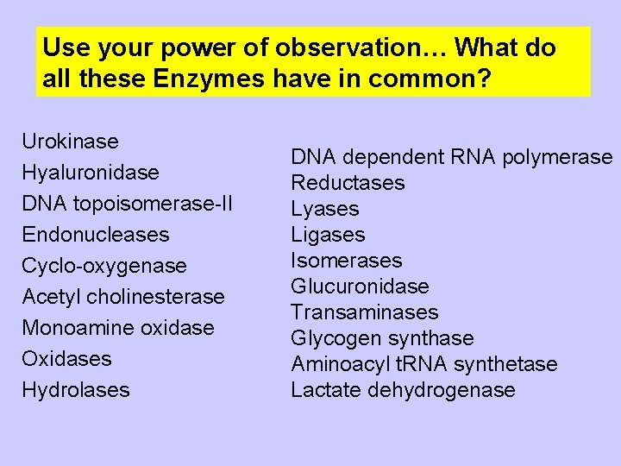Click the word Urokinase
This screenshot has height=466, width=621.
pos(71,141)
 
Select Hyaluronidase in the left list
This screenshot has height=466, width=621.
pos(91,173)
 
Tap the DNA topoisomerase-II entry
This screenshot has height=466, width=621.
pos(127,204)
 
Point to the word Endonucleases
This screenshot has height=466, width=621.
pos(96,234)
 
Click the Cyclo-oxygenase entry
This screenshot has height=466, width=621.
pos(104,266)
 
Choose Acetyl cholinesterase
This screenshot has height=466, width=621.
pos(123,297)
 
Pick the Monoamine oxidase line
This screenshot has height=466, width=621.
pos(118,328)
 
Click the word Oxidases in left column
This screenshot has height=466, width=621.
pos(67,358)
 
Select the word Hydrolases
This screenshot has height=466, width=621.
pos(76,390)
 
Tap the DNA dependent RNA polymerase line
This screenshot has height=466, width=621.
pos(451,157)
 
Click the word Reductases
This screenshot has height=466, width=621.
pos(348,183)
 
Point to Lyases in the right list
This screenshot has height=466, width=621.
pos(325,209)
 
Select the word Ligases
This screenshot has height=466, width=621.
pos(328,235)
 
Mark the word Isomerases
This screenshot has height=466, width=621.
pos(347,261)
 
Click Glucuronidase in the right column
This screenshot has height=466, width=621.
pos(360,287)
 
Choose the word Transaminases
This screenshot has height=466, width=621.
pos(365,312)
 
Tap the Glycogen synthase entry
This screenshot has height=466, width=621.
pos(382,338)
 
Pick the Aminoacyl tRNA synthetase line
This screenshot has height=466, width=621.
pos(424,364)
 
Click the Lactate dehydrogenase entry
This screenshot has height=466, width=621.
pos(403,390)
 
